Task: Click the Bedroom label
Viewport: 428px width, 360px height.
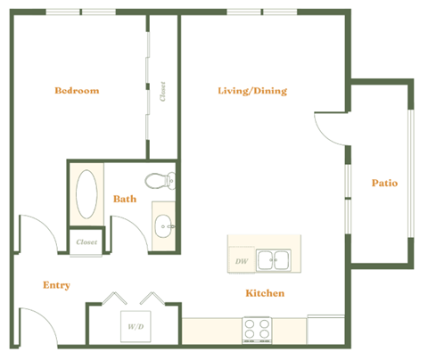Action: pos(77,91)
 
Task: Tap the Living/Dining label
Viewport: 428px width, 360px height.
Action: pos(252,91)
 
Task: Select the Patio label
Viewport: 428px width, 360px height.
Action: pos(384,184)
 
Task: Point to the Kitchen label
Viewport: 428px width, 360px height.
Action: pos(265,293)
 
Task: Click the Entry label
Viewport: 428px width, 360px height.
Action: pos(57,285)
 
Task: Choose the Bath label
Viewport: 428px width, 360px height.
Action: pos(125,199)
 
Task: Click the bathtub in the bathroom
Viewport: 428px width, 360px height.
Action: pos(87,195)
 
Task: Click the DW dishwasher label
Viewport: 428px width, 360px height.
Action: pos(241,262)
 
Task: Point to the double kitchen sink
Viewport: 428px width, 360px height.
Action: pos(273,261)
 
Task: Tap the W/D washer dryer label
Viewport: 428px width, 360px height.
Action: pos(136,327)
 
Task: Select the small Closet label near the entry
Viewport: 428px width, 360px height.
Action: pos(86,241)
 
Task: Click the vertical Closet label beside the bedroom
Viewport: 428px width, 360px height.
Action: pos(163,91)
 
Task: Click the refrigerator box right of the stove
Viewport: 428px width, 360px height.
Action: pos(325,330)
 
